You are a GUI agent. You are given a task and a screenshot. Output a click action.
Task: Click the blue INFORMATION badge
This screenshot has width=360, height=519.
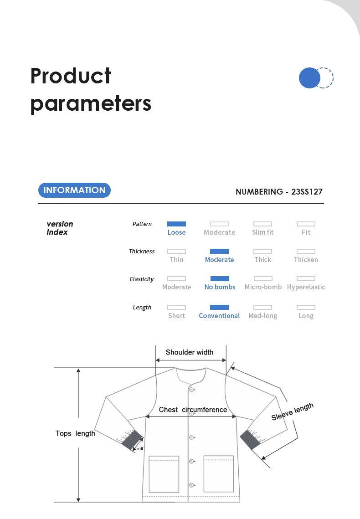pos(74,190)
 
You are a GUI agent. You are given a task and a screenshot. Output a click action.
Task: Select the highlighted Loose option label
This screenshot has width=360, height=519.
pos(176,232)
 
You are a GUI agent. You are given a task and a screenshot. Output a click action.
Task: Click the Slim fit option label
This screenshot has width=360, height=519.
pos(262,232)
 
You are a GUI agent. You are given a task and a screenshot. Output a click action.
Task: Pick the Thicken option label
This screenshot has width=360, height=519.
pos(306,260)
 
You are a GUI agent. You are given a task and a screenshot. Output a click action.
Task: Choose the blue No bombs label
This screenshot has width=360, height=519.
pos(220,287)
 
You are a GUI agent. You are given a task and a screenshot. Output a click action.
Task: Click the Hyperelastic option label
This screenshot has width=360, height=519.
pos(306,287)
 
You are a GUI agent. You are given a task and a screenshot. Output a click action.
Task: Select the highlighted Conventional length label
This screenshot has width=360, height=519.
pos(219,316)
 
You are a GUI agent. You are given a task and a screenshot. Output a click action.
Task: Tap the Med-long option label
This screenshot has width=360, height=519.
pos(262,316)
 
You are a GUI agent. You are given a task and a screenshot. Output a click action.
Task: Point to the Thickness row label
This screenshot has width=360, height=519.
pos(142,252)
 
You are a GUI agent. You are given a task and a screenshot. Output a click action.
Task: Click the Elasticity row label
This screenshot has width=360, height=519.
pos(142,279)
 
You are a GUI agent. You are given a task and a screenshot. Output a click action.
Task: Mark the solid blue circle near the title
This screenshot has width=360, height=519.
pos(310,78)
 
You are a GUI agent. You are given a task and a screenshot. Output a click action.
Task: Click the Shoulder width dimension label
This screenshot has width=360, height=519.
pos(190,352)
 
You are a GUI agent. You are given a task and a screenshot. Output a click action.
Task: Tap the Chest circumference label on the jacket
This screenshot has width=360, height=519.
pos(193,410)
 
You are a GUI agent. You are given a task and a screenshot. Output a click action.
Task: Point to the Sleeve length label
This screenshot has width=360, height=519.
pos(293,412)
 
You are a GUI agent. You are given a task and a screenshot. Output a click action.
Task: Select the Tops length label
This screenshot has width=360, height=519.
pos(75,433)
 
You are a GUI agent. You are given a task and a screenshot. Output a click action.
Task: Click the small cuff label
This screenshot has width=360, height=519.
pos(140,449)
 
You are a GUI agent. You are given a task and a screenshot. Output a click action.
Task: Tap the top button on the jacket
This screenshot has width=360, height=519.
pos(192,390)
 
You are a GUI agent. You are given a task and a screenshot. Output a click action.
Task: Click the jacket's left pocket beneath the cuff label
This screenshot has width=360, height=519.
pos(164,474)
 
